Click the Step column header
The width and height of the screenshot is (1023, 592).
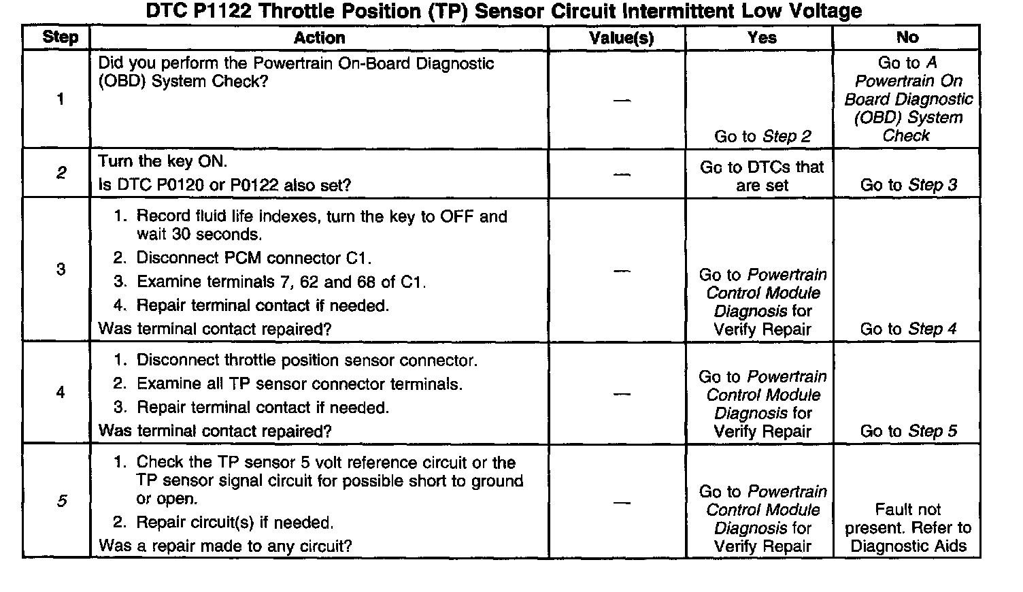60,38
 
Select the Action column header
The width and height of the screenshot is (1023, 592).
319,38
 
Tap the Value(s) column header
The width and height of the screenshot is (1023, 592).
621,38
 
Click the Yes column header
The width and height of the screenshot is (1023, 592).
761,38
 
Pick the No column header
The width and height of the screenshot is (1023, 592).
907,38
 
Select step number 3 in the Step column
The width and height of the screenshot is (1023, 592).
61,269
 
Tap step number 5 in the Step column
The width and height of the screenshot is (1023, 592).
61,501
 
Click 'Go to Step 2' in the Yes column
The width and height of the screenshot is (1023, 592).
762,136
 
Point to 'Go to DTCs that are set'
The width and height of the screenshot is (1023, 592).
762,176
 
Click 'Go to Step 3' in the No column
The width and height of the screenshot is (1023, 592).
908,185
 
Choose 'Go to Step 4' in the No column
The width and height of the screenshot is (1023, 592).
908,329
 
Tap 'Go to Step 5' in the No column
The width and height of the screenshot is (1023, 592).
908,431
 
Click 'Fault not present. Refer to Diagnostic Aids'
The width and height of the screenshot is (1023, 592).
908,528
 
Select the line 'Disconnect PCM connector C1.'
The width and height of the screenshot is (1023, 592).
254,259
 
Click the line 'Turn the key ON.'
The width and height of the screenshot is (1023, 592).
163,162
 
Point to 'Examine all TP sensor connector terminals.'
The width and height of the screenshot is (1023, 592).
299,384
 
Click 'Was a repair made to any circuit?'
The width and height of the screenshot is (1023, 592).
225,546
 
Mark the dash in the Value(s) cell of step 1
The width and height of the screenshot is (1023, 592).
621,101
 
